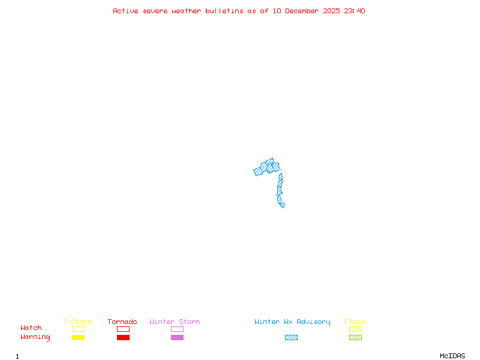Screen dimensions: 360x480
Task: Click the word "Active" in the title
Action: (x=125, y=11)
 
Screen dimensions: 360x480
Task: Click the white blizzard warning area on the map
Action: (x=286, y=205)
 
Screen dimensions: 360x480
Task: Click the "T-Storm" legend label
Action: (x=77, y=322)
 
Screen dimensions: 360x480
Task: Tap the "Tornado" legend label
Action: (x=122, y=322)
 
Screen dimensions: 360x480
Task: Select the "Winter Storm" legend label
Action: (x=175, y=322)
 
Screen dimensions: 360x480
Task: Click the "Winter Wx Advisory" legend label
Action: (x=292, y=322)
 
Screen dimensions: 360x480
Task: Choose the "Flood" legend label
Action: (x=355, y=322)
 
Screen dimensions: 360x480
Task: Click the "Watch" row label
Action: (x=31, y=328)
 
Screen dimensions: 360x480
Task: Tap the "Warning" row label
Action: (x=35, y=337)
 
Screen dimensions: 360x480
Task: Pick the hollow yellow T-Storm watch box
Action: (x=78, y=329)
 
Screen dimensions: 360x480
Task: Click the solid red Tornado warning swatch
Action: (x=123, y=337)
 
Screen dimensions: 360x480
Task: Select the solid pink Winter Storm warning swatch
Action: (x=177, y=337)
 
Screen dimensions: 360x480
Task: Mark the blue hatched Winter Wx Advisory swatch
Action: (x=291, y=337)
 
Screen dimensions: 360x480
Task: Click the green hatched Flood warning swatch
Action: (x=355, y=337)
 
